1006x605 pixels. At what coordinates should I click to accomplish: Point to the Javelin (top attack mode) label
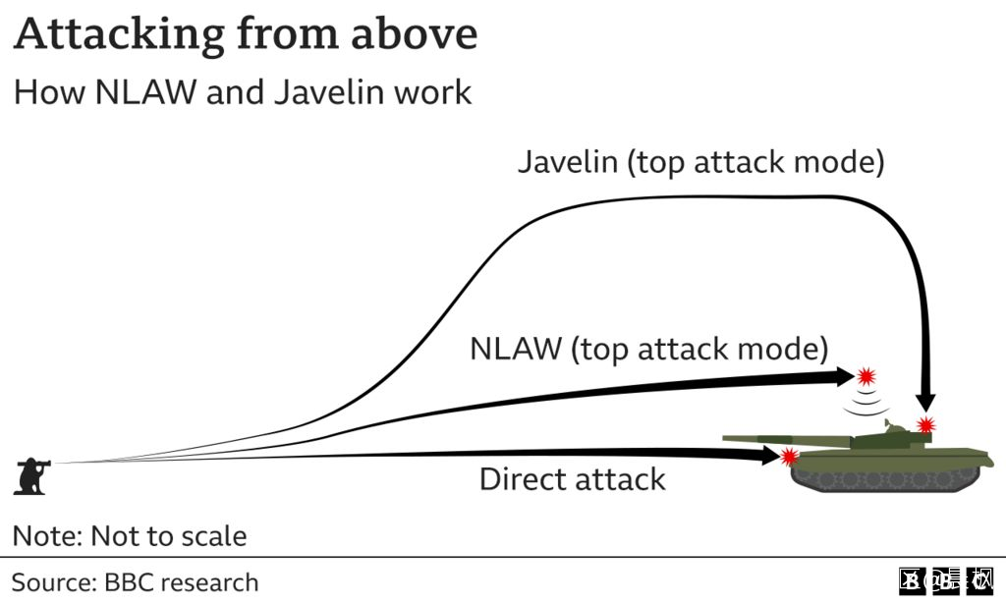[700, 162]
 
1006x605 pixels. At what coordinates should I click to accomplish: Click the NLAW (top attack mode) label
[648, 349]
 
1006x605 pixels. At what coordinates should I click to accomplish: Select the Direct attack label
[572, 479]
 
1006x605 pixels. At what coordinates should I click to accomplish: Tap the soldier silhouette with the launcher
[32, 475]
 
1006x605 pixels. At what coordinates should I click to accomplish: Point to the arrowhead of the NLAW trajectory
[843, 376]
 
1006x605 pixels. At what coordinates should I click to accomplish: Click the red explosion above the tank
[866, 375]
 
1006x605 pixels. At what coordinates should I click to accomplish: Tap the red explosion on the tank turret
[925, 425]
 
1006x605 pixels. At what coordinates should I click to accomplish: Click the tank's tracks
[889, 479]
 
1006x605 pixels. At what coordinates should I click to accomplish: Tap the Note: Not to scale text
[129, 536]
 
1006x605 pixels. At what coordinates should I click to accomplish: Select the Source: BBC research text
[135, 581]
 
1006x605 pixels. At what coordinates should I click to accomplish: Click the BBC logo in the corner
[947, 581]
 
